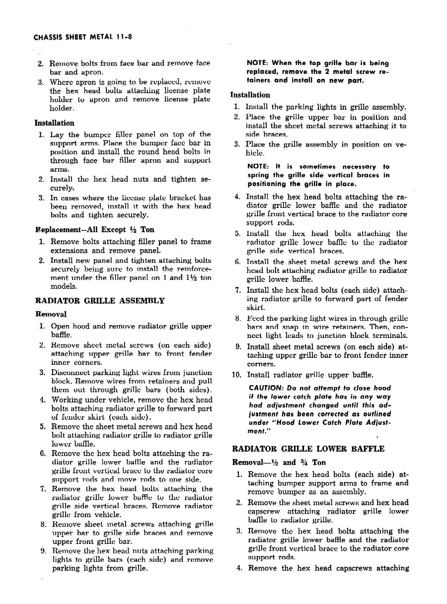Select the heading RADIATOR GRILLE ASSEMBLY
(x=100, y=301)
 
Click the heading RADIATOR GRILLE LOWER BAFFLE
(x=308, y=449)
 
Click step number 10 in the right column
(x=236, y=375)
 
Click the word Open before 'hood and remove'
(x=61, y=327)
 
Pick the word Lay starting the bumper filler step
(x=58, y=134)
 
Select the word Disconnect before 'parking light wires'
(x=70, y=373)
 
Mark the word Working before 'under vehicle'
(x=67, y=400)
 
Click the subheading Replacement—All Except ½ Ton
(x=94, y=230)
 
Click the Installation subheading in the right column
(x=251, y=95)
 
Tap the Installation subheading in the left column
(x=55, y=123)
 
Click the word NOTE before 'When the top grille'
(x=258, y=63)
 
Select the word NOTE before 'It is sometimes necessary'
(x=258, y=167)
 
